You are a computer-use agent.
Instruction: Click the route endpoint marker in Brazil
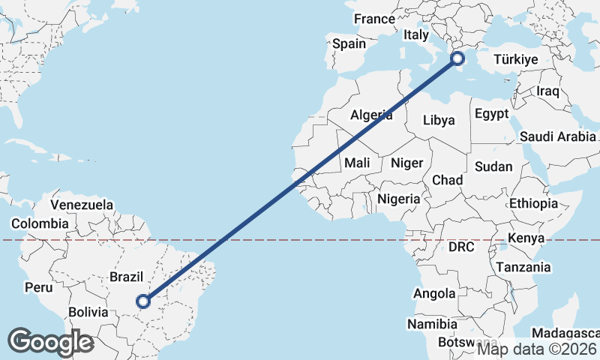coord(144,301)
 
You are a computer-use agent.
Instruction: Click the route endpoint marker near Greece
coord(457,58)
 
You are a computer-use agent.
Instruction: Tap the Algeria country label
coord(372,115)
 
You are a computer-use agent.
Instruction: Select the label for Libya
coord(439,120)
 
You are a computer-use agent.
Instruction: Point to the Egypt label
coord(491,115)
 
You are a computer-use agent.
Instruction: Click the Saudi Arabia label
coord(557,136)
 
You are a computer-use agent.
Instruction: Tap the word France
coord(374,19)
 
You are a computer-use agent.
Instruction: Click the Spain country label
coord(349,43)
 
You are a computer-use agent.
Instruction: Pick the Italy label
coord(416,34)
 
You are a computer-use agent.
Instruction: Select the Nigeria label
coord(399,199)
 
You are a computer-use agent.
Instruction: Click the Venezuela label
coord(82,205)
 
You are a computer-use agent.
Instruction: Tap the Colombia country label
coord(39,223)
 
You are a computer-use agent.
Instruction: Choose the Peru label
coord(38,286)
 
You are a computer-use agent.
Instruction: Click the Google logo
coord(50,342)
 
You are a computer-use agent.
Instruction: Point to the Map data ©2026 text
coord(537,348)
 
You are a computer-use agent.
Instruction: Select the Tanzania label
coord(523,267)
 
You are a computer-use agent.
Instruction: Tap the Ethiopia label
coord(533,203)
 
